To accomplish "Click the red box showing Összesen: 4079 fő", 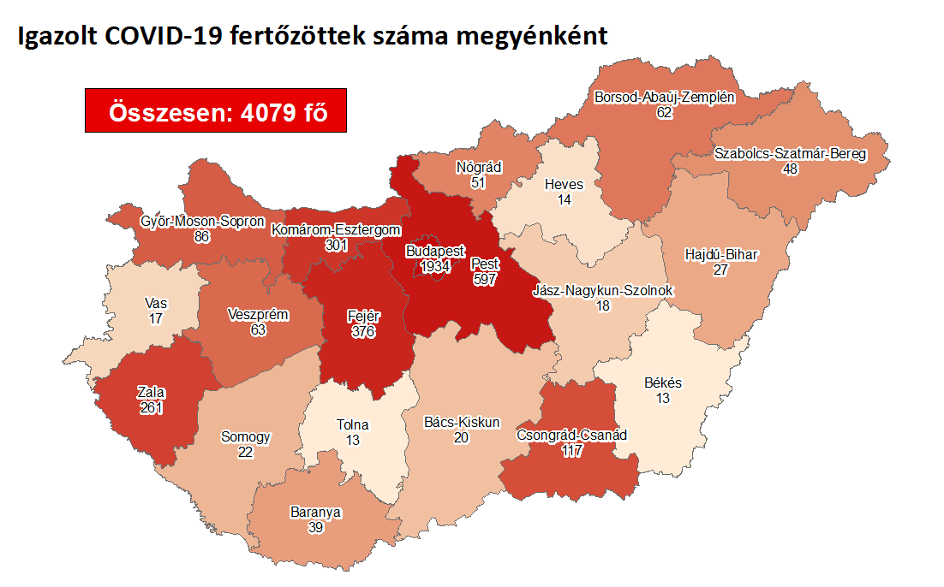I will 216,110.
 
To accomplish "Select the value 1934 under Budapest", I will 436,268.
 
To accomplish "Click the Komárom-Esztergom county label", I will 336,229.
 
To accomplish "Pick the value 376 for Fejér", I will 363,330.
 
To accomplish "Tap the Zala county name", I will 151,393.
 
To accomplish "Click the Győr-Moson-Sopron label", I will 202,222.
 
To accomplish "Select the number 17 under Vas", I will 156,318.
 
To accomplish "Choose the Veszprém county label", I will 259,315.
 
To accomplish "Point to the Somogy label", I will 246,436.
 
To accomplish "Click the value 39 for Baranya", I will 316,527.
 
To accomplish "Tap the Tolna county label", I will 353,424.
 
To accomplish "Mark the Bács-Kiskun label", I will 462,422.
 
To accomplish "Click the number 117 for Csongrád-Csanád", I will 571,450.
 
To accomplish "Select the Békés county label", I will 663,383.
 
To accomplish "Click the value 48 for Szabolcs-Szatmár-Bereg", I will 790,169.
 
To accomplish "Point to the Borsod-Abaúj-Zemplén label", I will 665,97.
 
